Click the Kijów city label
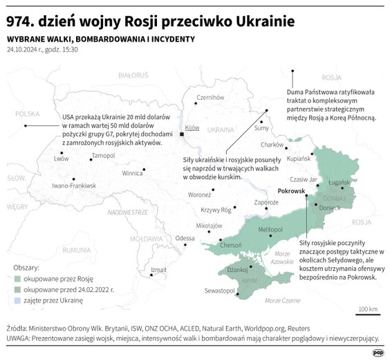click(192, 128)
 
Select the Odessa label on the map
click(185, 238)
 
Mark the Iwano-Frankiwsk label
click(74, 186)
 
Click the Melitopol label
click(271, 229)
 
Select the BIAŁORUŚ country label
click(133, 74)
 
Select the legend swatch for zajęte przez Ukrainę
click(18, 301)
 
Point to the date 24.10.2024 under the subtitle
click(25, 51)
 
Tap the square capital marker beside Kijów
click(182, 134)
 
